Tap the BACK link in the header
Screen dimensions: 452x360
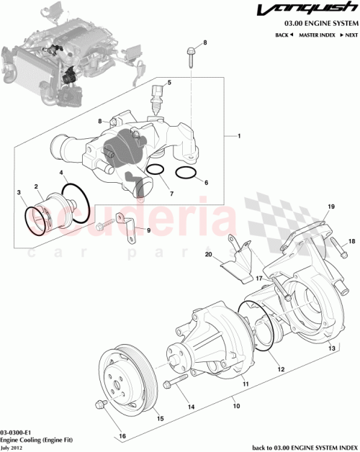point(282,35)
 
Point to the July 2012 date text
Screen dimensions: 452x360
point(12,446)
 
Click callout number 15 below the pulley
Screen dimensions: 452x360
point(160,418)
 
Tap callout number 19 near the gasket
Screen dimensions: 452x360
point(331,207)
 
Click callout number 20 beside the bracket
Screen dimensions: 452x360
point(229,255)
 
